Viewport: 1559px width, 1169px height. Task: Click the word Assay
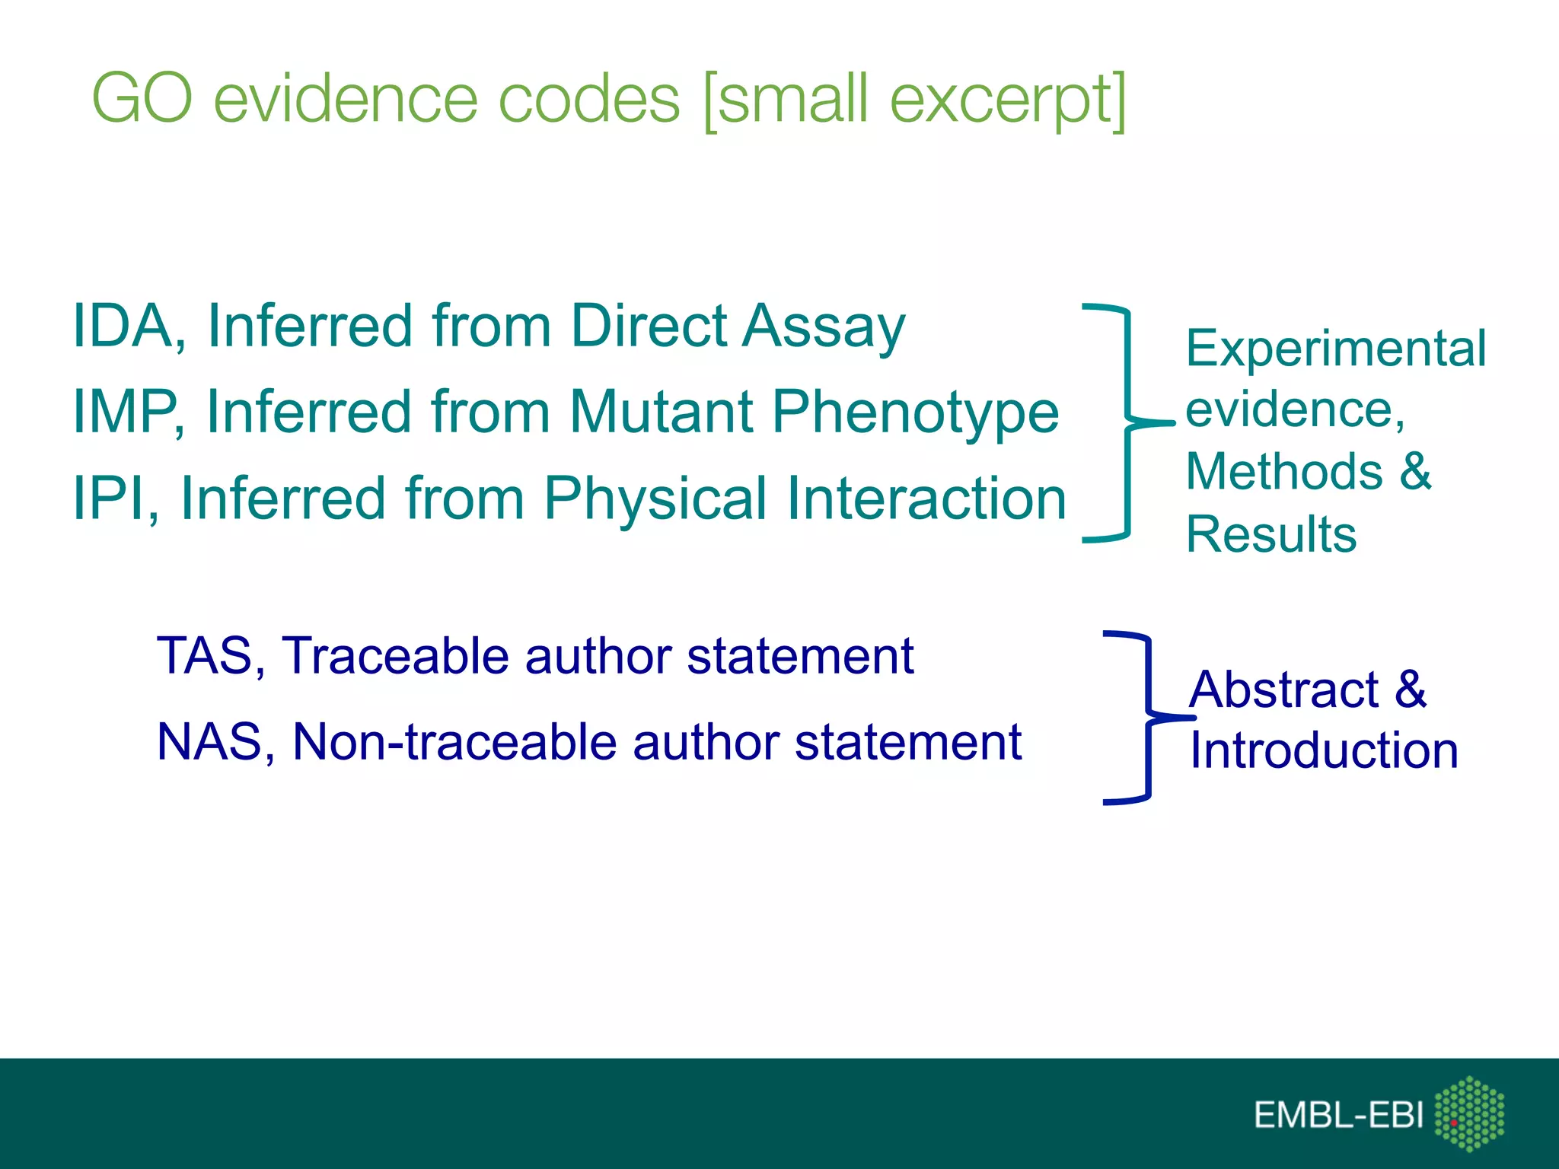(x=824, y=327)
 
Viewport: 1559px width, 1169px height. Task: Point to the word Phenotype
(x=915, y=413)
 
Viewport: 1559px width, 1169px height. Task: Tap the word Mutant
(x=662, y=412)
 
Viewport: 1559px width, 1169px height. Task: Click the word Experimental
(x=1335, y=349)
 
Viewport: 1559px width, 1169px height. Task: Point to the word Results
(x=1270, y=534)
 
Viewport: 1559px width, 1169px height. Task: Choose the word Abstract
(x=1283, y=690)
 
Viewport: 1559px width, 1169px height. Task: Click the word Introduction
(x=1323, y=750)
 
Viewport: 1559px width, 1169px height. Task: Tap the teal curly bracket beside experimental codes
(x=1126, y=422)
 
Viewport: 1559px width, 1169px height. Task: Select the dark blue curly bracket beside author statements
(x=1147, y=717)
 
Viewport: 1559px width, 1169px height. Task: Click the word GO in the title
(x=142, y=99)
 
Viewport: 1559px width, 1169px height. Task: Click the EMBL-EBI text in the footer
(x=1337, y=1115)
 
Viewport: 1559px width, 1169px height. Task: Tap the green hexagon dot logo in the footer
(x=1468, y=1113)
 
